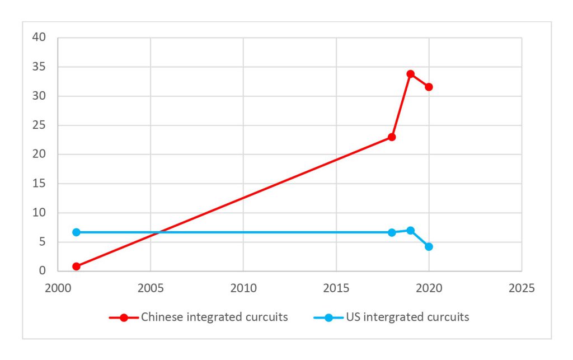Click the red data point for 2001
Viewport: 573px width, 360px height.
pyautogui.click(x=76, y=267)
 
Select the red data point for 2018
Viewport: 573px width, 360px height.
pyautogui.click(x=392, y=137)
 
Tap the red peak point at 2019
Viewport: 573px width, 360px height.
pyautogui.click(x=410, y=74)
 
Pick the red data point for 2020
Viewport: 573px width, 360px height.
pyautogui.click(x=429, y=87)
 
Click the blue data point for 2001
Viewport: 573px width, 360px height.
pyautogui.click(x=76, y=232)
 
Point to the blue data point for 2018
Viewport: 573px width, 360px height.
pyautogui.click(x=392, y=232)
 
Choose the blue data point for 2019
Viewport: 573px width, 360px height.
pyautogui.click(x=410, y=230)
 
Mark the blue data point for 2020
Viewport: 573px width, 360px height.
pyautogui.click(x=429, y=246)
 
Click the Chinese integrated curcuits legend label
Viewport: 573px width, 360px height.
pyautogui.click(x=214, y=317)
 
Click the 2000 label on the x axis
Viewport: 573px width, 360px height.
pyautogui.click(x=58, y=288)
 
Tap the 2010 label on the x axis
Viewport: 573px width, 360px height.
pyautogui.click(x=243, y=288)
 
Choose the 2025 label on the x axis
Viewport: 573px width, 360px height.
pyautogui.click(x=522, y=288)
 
